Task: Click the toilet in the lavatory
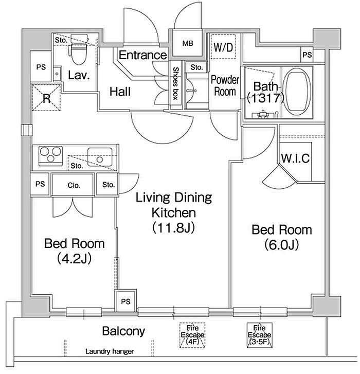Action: coord(79,49)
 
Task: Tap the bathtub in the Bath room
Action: coord(298,93)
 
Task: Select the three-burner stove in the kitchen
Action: coord(50,156)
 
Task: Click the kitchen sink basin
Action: coord(100,157)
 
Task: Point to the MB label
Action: coord(188,43)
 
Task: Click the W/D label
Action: coord(223,47)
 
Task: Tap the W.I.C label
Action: coord(295,158)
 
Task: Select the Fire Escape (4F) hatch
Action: coord(192,335)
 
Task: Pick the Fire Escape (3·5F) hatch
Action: coord(259,335)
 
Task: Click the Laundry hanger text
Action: coord(110,351)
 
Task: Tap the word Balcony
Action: coord(123,331)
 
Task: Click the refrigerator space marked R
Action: coord(46,97)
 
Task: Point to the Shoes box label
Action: coord(175,83)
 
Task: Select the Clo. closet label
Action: coord(74,185)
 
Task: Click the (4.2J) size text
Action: coord(75,258)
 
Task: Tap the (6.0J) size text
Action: coord(281,245)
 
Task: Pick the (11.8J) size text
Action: coord(173,227)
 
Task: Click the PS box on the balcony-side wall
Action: coord(125,301)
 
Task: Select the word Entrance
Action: coord(142,55)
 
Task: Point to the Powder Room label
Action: coord(225,85)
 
